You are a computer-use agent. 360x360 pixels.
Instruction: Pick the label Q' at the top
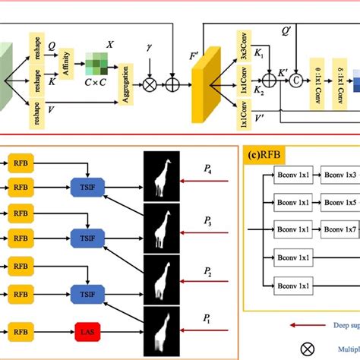pyautogui.click(x=286, y=32)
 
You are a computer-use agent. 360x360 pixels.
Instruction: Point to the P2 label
pyautogui.click(x=207, y=270)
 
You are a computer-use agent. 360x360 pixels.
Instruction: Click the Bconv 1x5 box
pyautogui.click(x=339, y=203)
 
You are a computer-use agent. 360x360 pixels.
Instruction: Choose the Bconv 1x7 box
pyautogui.click(x=339, y=229)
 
